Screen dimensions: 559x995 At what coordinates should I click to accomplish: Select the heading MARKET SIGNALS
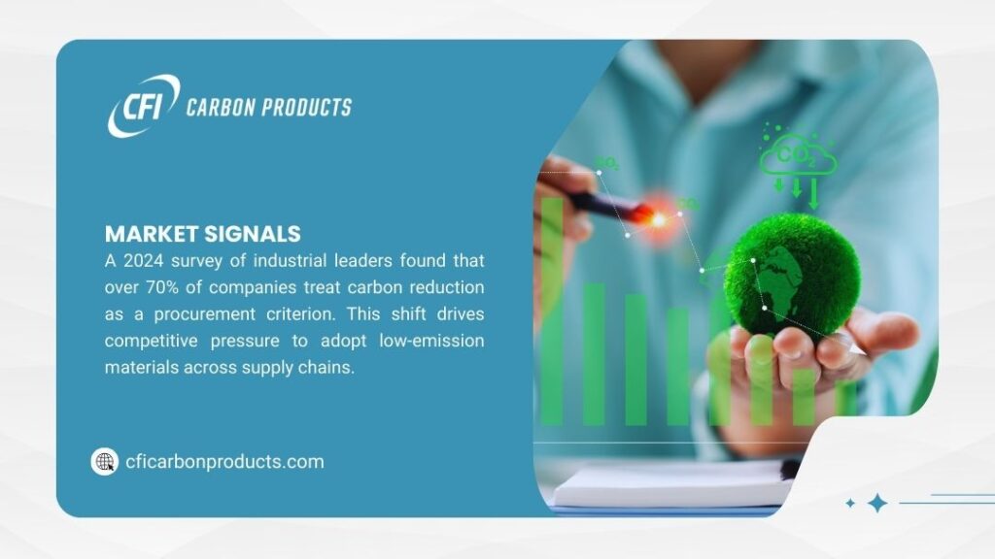click(202, 234)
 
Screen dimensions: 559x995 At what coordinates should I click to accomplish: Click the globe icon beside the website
click(104, 462)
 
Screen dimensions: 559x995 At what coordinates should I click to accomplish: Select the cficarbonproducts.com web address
click(224, 462)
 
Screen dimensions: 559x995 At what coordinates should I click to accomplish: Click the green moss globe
click(791, 276)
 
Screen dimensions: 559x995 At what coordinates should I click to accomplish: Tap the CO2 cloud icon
click(797, 155)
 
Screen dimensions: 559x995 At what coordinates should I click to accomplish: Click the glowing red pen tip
click(658, 219)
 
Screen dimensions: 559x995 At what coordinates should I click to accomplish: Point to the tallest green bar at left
click(551, 311)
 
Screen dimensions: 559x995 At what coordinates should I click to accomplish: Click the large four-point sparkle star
click(877, 503)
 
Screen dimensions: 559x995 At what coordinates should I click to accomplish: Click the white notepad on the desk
click(670, 483)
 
